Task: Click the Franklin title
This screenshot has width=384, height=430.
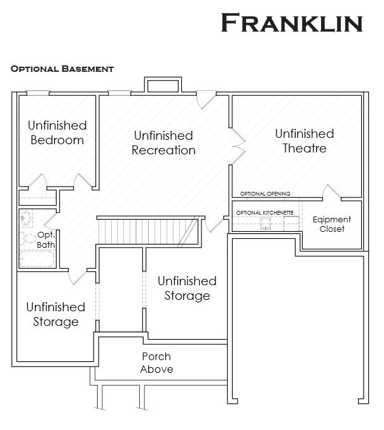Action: click(x=292, y=22)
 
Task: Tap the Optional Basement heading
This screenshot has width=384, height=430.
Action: click(x=62, y=68)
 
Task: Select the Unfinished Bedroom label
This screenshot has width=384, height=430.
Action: click(x=57, y=133)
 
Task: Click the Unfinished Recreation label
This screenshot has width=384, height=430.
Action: click(x=163, y=143)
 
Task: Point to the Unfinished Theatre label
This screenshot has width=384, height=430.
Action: click(x=305, y=141)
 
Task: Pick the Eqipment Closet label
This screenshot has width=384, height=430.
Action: click(x=332, y=224)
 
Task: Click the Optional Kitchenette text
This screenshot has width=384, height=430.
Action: click(x=264, y=212)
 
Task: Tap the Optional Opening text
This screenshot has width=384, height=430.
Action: click(x=265, y=194)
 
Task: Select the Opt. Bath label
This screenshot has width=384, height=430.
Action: click(x=46, y=239)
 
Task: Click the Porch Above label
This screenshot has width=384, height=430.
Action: click(x=156, y=363)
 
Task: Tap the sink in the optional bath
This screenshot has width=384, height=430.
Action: click(x=27, y=217)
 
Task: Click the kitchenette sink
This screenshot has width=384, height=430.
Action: click(x=265, y=222)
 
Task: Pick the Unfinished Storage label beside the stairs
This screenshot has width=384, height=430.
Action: click(x=187, y=288)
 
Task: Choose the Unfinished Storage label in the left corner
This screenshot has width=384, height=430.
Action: click(x=56, y=314)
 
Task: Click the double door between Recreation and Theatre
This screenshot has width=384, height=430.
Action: click(x=237, y=145)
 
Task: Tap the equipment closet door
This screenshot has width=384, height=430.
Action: click(x=330, y=192)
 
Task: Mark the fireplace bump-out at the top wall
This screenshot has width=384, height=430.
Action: click(x=163, y=86)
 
